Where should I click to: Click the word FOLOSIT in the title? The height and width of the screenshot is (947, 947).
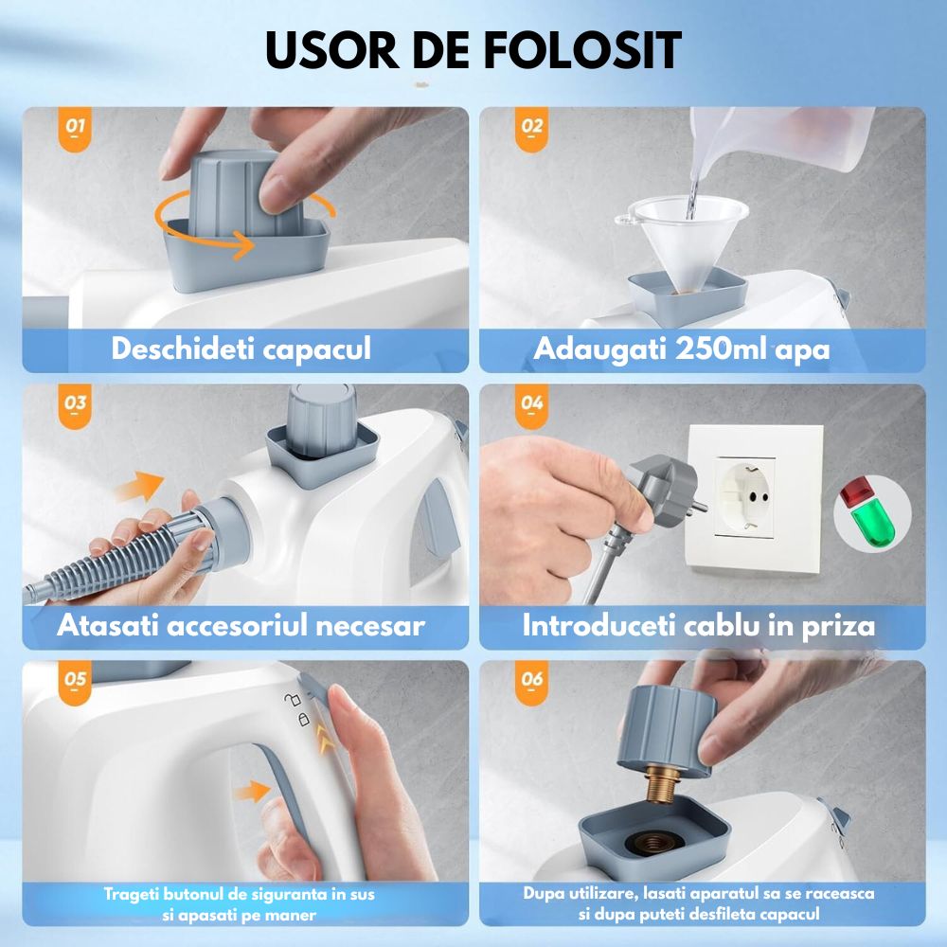(582, 50)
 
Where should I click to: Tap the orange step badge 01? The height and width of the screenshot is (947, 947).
(75, 129)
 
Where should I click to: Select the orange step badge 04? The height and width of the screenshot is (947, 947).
(531, 405)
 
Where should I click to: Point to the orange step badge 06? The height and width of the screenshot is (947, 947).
(531, 682)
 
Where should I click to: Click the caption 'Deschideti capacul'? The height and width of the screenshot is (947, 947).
(241, 349)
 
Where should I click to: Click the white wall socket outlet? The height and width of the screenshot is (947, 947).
(755, 497)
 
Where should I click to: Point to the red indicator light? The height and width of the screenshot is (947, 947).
(855, 491)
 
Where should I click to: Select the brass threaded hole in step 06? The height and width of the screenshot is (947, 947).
(650, 843)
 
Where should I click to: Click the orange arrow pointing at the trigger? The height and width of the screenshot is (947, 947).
(253, 790)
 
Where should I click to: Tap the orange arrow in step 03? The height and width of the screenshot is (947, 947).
(139, 486)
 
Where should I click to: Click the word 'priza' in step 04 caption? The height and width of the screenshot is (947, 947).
(838, 626)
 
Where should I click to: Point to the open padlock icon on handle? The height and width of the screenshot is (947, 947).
(293, 700)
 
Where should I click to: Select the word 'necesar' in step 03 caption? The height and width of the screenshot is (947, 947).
(370, 626)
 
